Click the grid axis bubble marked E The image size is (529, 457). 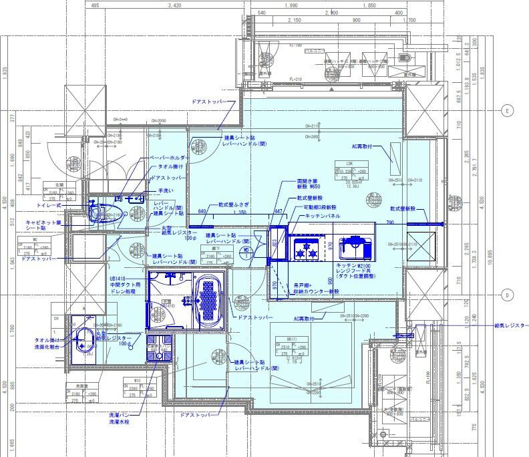(x=507, y=111)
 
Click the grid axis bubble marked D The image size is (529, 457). (x=507, y=295)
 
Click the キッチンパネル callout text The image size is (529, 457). (x=323, y=216)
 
